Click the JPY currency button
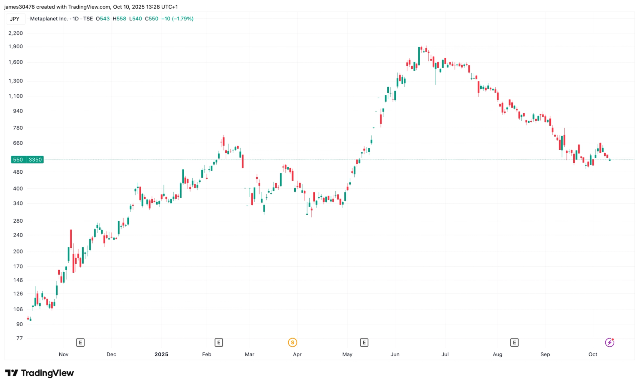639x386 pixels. [x=15, y=19]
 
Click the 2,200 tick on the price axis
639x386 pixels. [x=15, y=33]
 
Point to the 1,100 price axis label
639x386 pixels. [x=15, y=96]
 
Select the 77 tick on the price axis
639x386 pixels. [x=19, y=338]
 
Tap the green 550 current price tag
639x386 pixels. [x=18, y=160]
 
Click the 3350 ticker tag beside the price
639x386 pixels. [x=35, y=160]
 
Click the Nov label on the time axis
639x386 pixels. [x=63, y=355]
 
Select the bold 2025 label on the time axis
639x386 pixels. [x=161, y=355]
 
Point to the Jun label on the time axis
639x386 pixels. [x=395, y=355]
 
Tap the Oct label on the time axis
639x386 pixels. [x=593, y=355]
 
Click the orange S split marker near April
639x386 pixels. [x=293, y=343]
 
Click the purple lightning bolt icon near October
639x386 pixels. [x=609, y=343]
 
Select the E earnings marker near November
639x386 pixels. [x=80, y=343]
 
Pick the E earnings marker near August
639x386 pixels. [x=514, y=343]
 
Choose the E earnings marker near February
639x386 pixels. [x=218, y=343]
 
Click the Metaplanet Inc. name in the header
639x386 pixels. [x=49, y=19]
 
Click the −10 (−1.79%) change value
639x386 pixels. [x=177, y=19]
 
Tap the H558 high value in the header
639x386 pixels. [x=119, y=19]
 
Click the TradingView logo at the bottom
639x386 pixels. [x=39, y=373]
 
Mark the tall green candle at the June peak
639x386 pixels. [x=419, y=56]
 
